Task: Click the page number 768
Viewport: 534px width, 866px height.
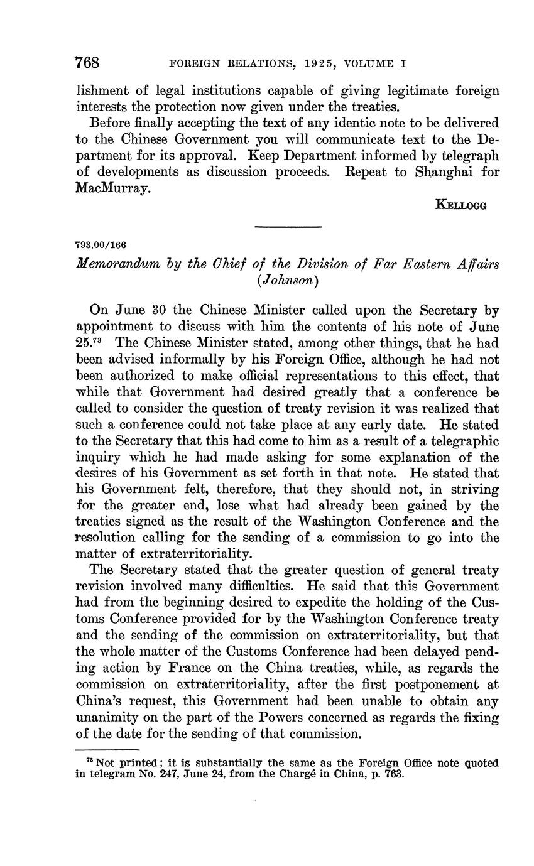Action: [x=88, y=63]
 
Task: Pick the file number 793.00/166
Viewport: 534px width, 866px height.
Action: [x=101, y=244]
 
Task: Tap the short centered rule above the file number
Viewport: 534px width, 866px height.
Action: [x=288, y=227]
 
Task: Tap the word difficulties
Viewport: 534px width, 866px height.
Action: [x=254, y=587]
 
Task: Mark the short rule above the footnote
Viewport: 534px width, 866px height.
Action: [x=106, y=750]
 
